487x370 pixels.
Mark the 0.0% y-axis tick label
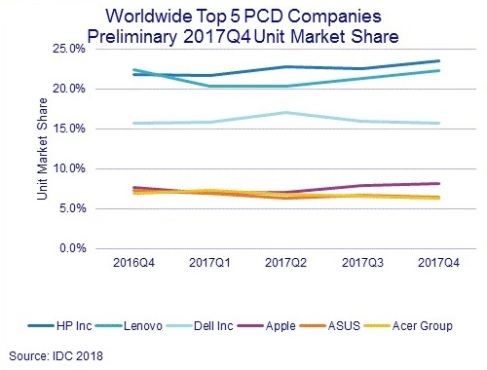click(x=70, y=248)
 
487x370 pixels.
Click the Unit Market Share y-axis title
click(x=42, y=150)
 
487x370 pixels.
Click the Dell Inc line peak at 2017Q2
click(x=282, y=113)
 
